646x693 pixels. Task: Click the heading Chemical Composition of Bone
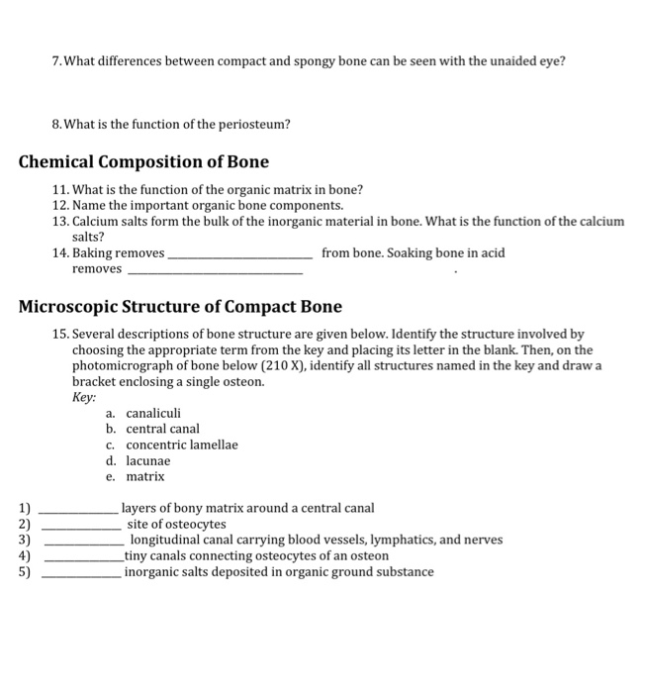(x=143, y=161)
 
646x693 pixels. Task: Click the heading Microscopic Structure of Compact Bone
(x=180, y=307)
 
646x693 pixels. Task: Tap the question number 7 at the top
(x=57, y=61)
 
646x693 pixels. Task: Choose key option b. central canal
(x=152, y=429)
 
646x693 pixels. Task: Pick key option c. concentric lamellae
(x=171, y=445)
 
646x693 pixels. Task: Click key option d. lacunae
(x=138, y=460)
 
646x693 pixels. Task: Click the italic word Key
(x=84, y=397)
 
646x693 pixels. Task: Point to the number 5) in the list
(x=25, y=572)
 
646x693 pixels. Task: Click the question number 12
(x=59, y=205)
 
